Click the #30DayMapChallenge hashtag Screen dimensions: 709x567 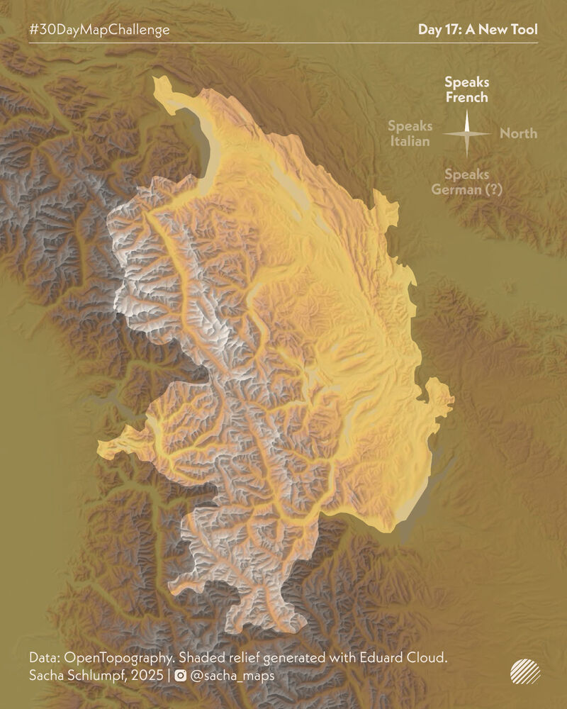[x=99, y=30]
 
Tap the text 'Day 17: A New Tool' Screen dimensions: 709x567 [x=477, y=30]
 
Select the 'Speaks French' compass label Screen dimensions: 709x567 [x=466, y=90]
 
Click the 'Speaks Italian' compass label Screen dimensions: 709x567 [x=410, y=133]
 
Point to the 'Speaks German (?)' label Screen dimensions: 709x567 [x=466, y=182]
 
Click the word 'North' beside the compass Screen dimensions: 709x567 [x=518, y=133]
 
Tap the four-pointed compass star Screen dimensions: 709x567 [x=467, y=133]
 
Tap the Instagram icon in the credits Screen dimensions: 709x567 [x=181, y=676]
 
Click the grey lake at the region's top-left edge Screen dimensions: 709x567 [x=203, y=142]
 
